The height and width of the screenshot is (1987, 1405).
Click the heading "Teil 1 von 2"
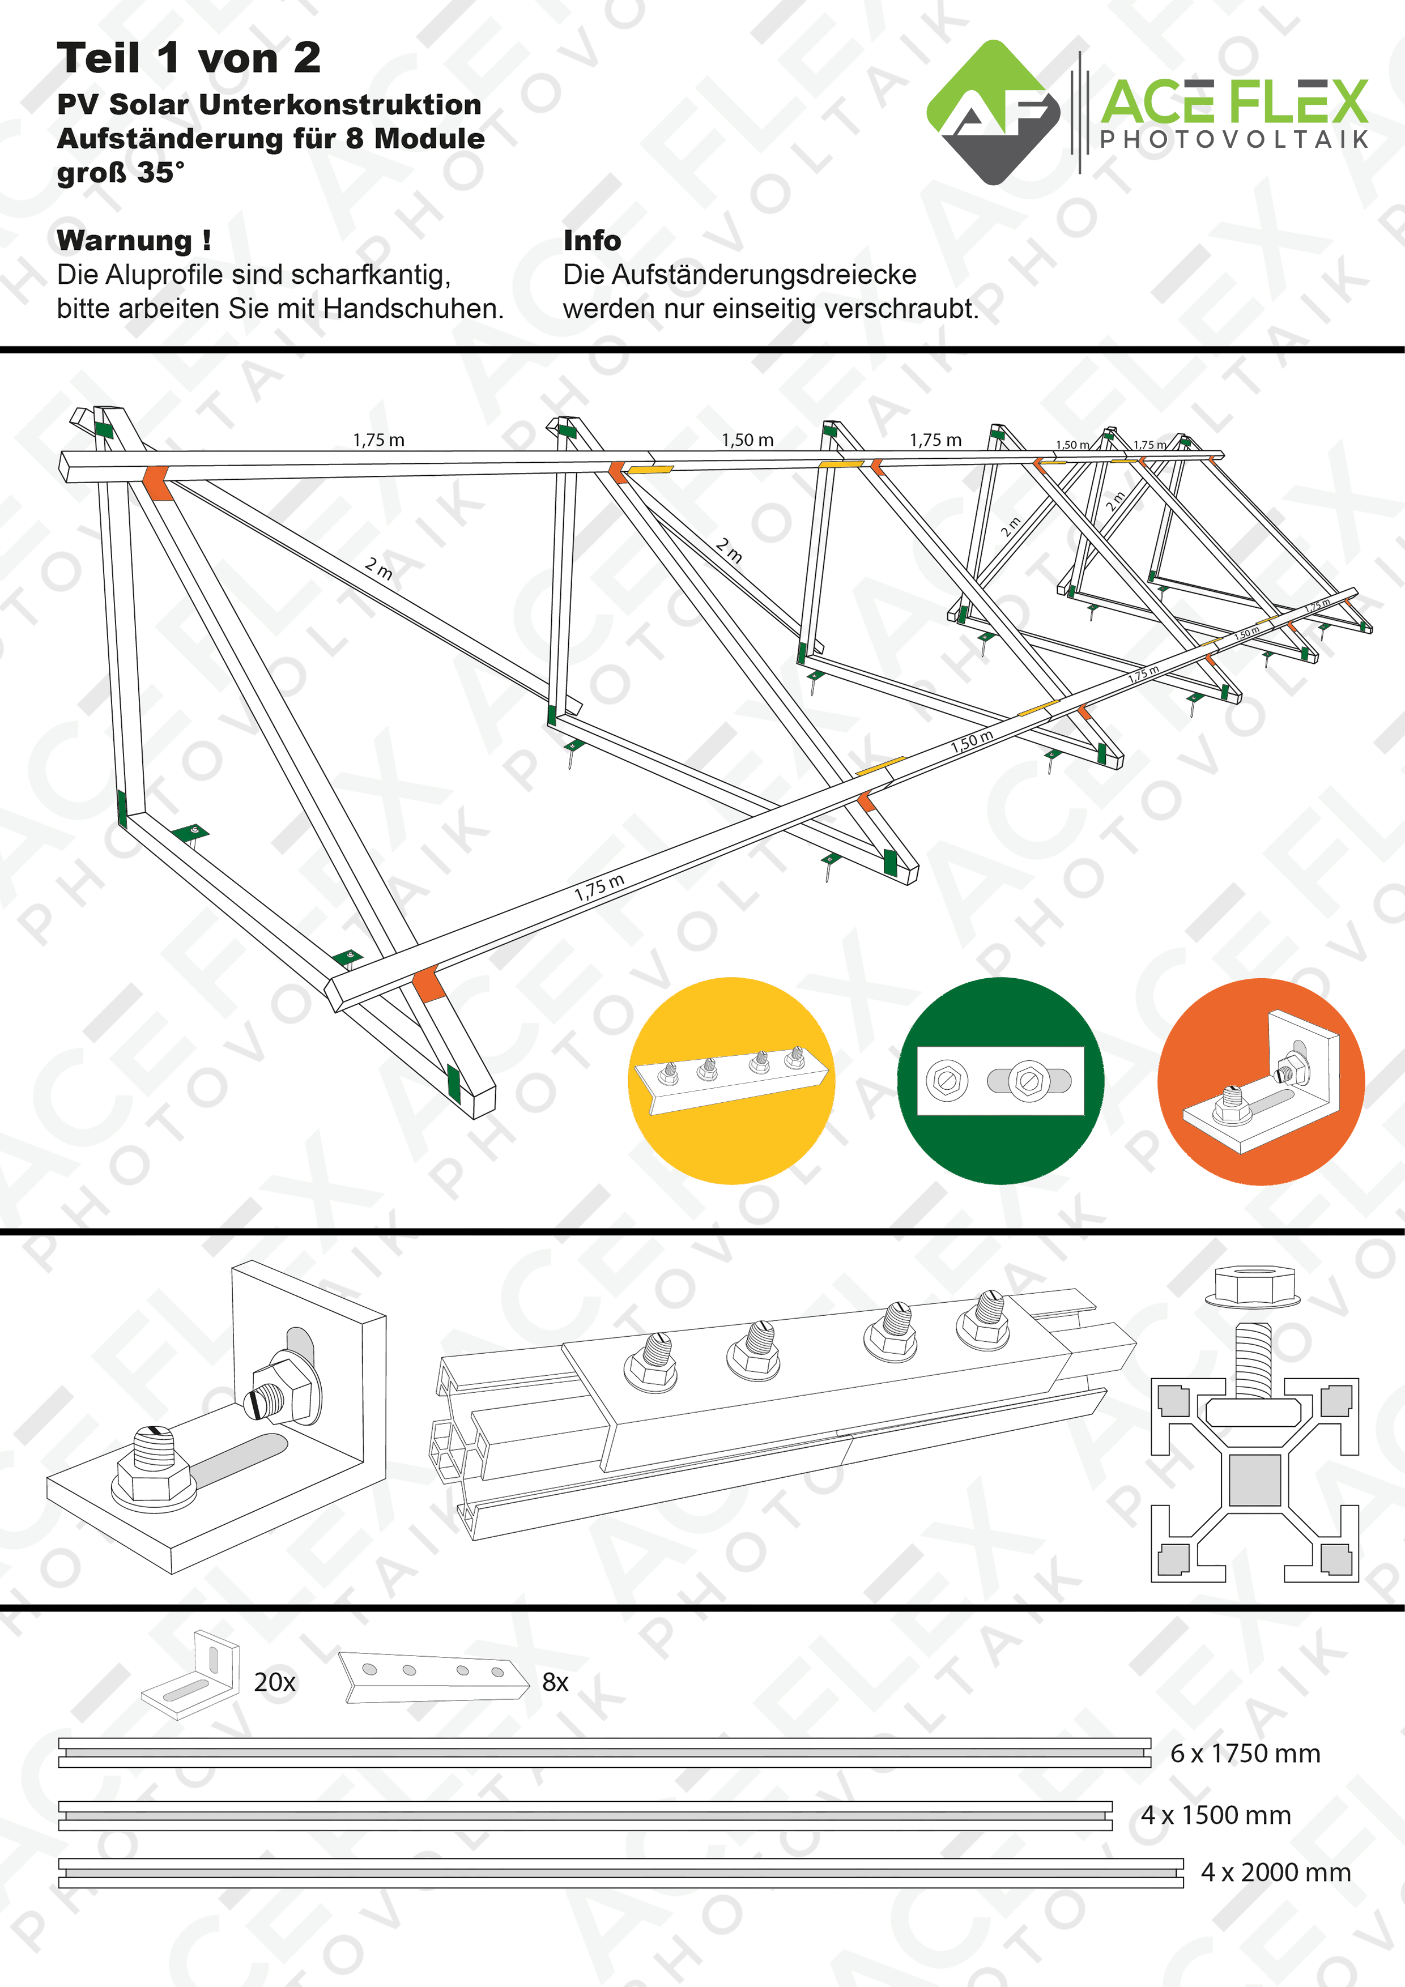tap(189, 59)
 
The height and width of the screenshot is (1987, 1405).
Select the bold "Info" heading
tap(592, 241)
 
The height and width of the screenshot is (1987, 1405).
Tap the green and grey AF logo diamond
tap(993, 113)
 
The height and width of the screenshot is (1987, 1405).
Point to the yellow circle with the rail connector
tap(731, 1080)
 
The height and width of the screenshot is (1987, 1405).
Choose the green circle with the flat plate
tap(1000, 1080)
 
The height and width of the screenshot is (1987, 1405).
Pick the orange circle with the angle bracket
tap(1261, 1081)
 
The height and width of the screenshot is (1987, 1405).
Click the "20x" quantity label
tap(274, 1682)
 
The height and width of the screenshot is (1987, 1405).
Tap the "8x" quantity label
tap(555, 1682)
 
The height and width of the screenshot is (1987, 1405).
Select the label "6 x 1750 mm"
tap(1245, 1753)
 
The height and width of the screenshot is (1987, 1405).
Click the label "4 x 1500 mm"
tap(1215, 1815)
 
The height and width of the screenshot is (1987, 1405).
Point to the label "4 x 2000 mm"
tap(1275, 1872)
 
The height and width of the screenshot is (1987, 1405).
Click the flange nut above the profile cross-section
tap(1254, 1285)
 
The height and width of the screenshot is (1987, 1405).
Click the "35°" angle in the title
tap(160, 173)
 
